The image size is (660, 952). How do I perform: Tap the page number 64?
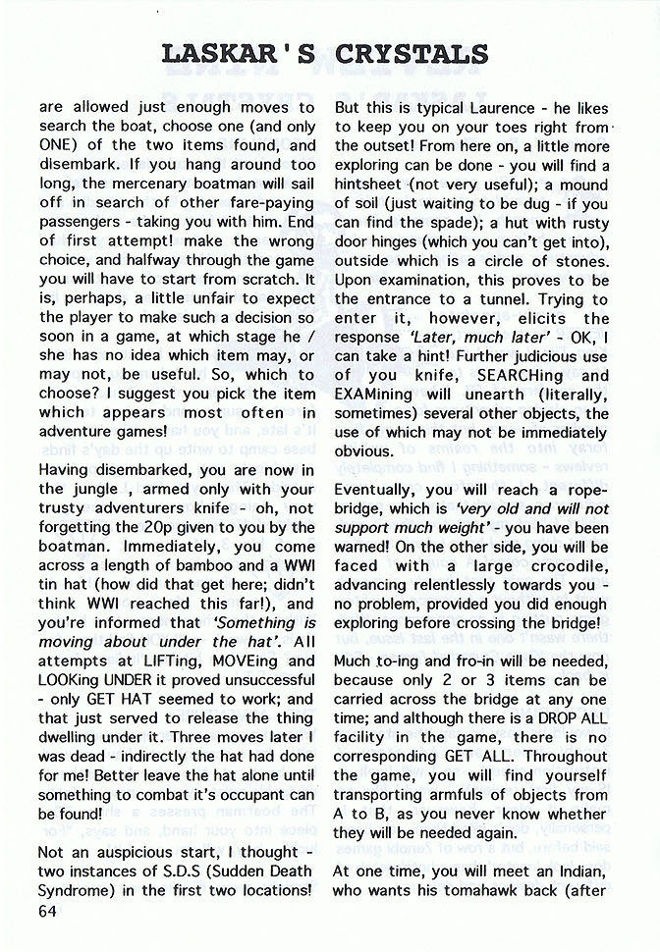[x=49, y=911]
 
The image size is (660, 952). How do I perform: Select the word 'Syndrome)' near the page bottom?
[x=82, y=891]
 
